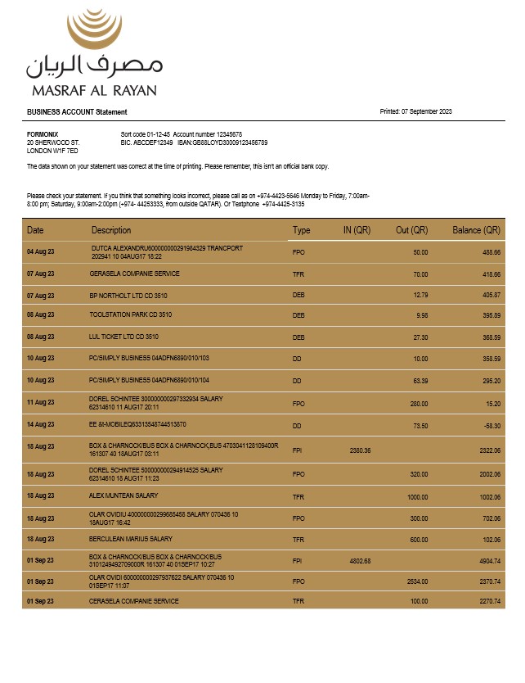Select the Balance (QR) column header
coord(476,230)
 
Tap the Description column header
coord(111,230)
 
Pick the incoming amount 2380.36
coord(360,450)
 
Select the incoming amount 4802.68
coord(360,561)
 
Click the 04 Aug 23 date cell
coord(40,251)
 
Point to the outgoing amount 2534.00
coord(417,581)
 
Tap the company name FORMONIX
coord(43,133)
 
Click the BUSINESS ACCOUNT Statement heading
coord(77,112)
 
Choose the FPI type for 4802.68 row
coord(298,561)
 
